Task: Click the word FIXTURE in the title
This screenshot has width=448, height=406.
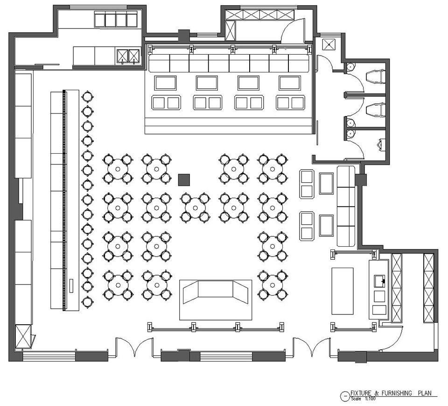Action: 361,393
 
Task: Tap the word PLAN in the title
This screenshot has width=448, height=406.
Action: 425,393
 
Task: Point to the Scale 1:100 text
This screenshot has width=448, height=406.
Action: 363,399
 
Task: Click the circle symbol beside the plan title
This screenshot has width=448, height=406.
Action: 345,396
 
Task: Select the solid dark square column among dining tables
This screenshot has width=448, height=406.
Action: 184,180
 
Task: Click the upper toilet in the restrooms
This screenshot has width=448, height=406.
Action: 375,77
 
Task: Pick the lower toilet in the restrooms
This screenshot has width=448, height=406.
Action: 375,110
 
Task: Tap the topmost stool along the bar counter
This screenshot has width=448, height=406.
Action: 87,96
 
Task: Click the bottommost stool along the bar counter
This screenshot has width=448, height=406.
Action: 87,301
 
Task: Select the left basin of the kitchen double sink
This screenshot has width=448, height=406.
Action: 122,56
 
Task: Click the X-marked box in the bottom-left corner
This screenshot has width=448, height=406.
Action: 23,336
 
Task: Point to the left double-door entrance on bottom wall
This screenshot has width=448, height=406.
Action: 134,347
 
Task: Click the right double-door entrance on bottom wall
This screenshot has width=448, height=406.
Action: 311,347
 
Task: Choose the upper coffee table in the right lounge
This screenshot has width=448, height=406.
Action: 326,184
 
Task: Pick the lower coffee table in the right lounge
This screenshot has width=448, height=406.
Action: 326,226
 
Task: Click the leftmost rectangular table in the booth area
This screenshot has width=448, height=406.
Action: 165,83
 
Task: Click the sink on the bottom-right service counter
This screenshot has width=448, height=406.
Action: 379,280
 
